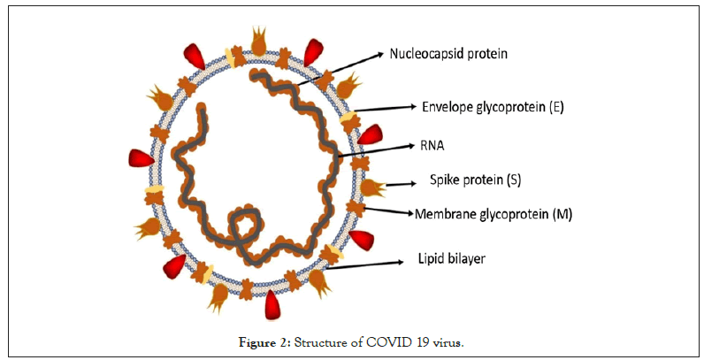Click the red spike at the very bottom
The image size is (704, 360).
coord(274,304)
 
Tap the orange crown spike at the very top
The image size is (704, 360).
coord(260,41)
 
